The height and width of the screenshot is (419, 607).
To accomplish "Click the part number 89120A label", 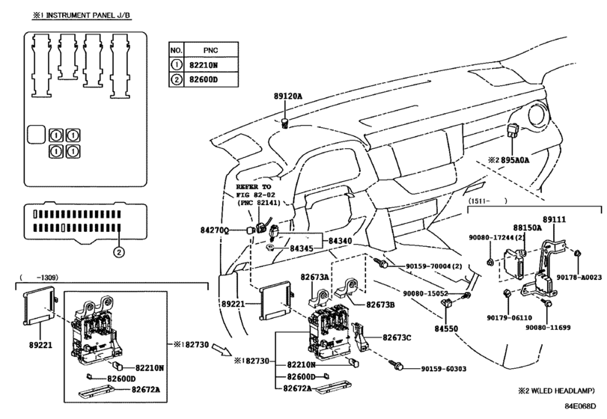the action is (287, 97).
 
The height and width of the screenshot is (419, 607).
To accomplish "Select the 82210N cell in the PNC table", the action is (204, 65).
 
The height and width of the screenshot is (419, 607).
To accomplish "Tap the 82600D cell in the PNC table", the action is (204, 80).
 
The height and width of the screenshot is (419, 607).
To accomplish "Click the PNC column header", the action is (210, 50).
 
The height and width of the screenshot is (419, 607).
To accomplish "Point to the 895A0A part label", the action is (514, 160).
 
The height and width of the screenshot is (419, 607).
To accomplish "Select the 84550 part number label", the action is (446, 329).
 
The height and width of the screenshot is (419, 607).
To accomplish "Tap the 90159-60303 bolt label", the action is (444, 369).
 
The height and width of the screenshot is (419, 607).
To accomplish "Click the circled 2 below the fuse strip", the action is (119, 253).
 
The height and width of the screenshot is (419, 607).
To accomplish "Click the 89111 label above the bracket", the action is (554, 219).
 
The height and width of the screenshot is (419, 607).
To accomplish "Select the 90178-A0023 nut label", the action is (579, 278).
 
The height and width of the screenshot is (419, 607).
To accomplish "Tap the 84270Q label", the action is (215, 230).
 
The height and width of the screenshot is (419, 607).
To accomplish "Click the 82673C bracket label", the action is (397, 337).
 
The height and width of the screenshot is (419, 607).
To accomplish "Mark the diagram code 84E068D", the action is (580, 406).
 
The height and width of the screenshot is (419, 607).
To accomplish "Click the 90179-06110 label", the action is (510, 318).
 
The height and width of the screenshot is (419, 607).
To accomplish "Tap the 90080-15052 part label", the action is (425, 294).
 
